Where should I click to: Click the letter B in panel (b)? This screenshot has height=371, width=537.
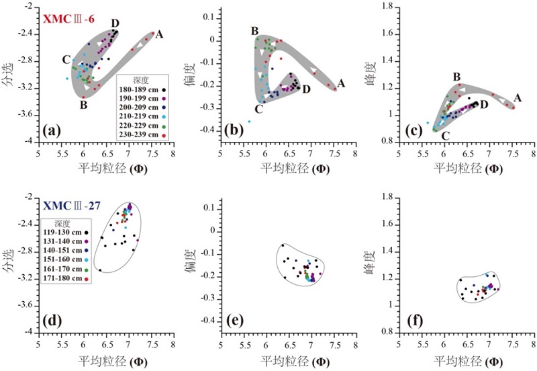click(255, 31)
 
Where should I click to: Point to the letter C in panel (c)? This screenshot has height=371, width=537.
click(445, 136)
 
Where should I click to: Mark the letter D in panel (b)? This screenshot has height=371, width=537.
click(306, 89)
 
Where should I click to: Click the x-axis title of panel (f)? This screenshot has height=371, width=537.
click(467, 360)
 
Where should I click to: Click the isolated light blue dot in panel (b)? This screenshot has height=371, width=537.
click(249, 122)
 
